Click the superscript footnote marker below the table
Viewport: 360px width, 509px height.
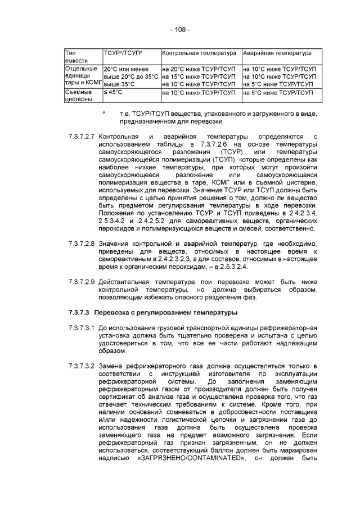tap(104, 111)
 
